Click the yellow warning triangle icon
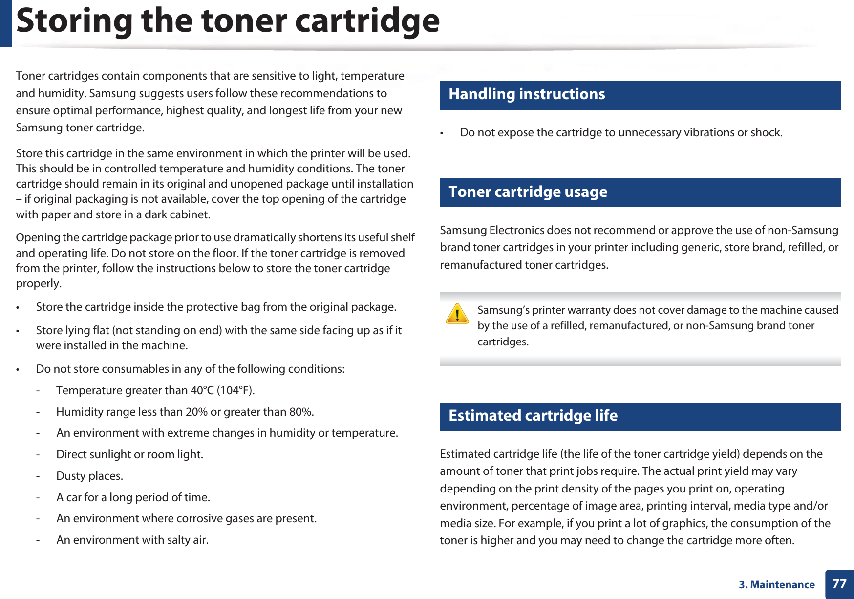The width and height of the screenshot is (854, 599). point(457,314)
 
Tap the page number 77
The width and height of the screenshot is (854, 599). point(839,584)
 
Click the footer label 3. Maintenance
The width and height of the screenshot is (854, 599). point(776,585)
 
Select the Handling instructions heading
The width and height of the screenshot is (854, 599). point(527,94)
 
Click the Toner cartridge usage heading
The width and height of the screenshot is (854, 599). point(528,192)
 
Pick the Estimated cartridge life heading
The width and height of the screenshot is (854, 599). point(533,416)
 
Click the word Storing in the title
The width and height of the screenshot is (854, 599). point(74,21)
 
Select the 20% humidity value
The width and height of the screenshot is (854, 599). point(196,412)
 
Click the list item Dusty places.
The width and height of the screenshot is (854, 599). point(89,476)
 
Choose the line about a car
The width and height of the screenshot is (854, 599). point(133,497)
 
